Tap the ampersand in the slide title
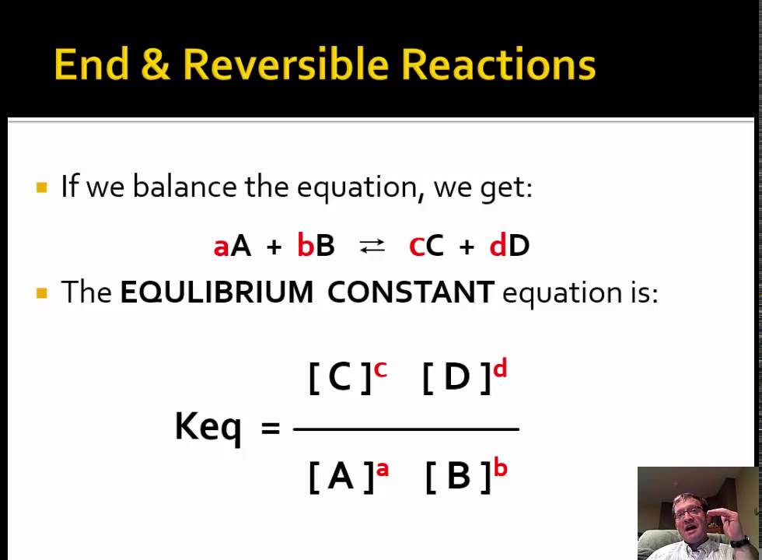point(156,65)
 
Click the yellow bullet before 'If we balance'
point(42,187)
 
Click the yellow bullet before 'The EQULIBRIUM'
point(42,293)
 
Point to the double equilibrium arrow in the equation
point(372,246)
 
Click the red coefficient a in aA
point(221,247)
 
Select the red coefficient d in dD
point(498,247)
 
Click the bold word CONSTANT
point(411,292)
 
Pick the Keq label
point(208,426)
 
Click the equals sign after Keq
point(270,427)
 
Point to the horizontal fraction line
point(406,429)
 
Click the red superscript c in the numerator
point(380,369)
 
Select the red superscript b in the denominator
point(500,467)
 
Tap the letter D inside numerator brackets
point(456,377)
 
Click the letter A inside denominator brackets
point(341,476)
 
